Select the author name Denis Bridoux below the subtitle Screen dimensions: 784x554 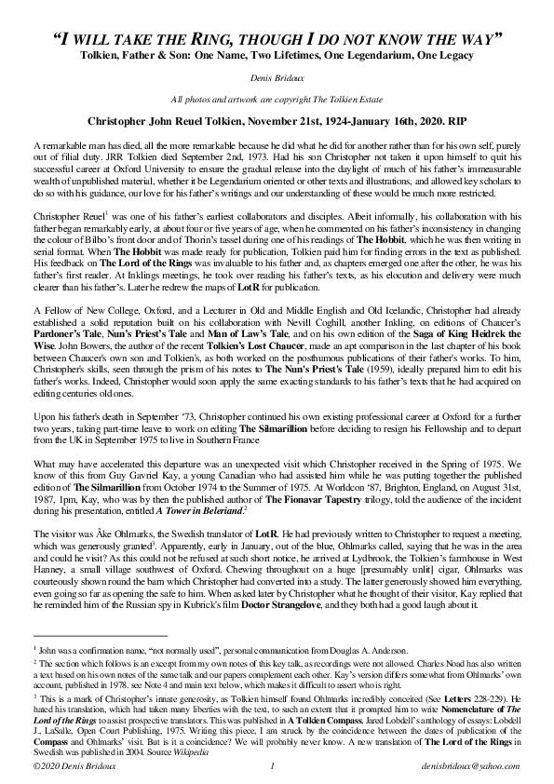click(277, 81)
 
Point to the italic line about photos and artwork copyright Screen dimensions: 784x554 click(277, 100)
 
